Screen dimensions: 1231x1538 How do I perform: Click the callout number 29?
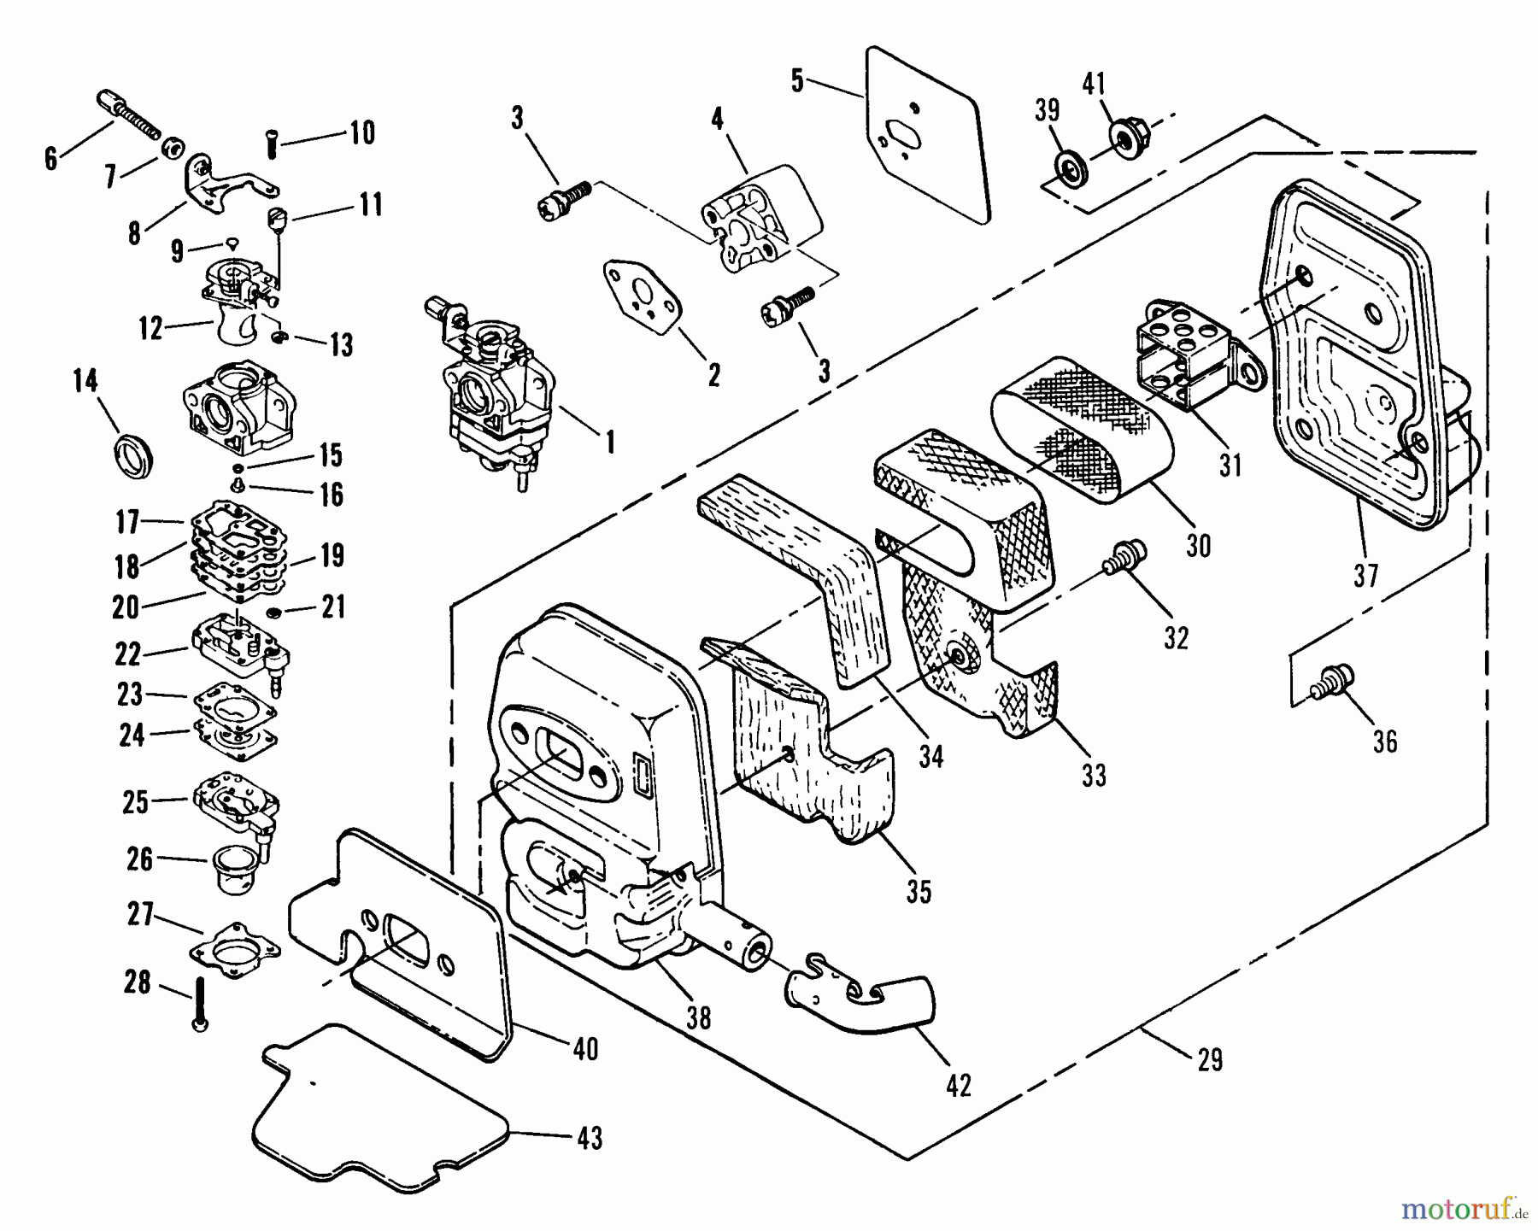coord(1209,1060)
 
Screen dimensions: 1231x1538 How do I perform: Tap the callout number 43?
coord(589,1138)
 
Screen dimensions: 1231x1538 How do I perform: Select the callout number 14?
coord(85,382)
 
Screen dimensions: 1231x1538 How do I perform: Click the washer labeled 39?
coord(1069,166)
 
